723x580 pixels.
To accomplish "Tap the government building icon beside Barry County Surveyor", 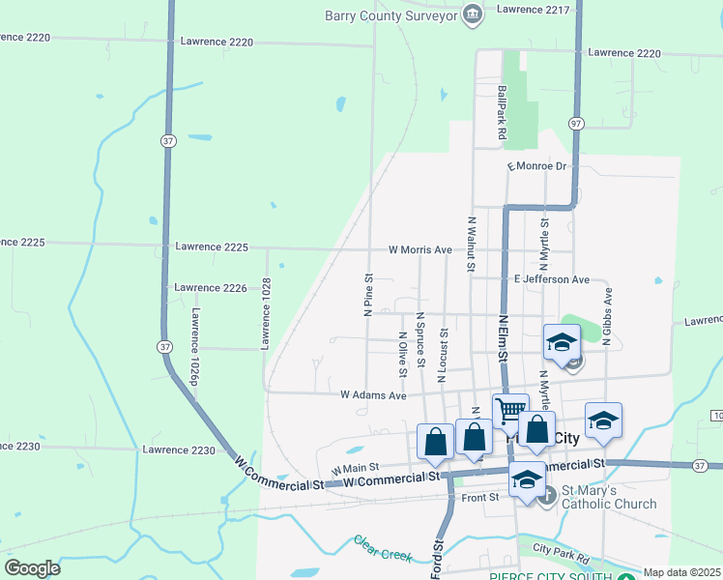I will tap(472, 13).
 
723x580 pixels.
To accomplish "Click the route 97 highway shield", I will tap(577, 124).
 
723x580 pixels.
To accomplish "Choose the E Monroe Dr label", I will tap(536, 166).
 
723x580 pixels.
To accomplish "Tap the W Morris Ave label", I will tap(420, 249).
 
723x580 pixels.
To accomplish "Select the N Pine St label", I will tap(368, 294).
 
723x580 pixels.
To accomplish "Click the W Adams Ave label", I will tap(373, 395).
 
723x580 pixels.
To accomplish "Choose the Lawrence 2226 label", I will tap(211, 287).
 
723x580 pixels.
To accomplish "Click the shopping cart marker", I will tap(510, 410).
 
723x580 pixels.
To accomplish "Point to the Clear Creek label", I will tap(383, 549).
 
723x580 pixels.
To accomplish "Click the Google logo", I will tap(32, 568).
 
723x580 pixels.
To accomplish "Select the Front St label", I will tap(479, 497).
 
